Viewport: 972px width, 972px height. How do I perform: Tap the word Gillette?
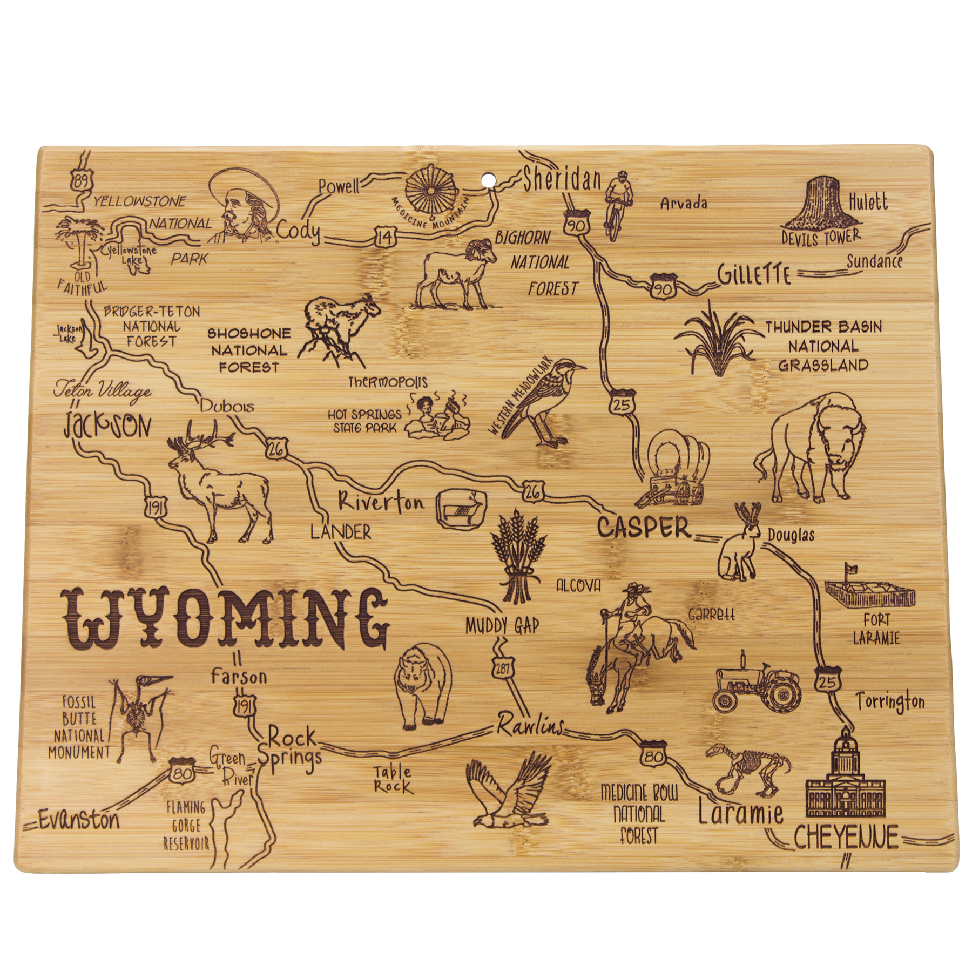coord(754,275)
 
